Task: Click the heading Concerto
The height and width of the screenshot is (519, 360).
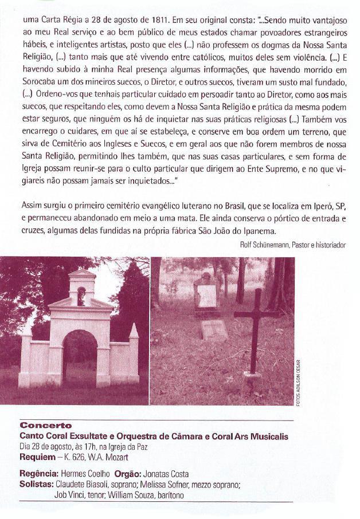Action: click(46, 426)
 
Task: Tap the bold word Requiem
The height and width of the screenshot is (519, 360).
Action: click(38, 457)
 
